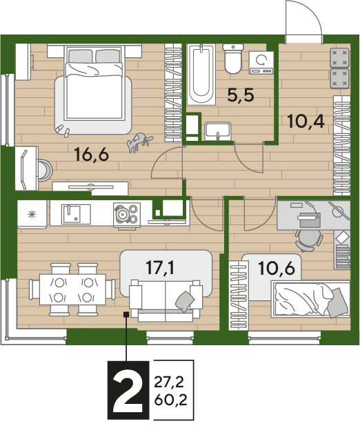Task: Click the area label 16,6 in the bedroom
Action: coord(92,155)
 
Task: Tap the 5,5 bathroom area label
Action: coord(241,95)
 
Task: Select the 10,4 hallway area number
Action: coord(306,121)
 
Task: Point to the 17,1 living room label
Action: coord(160,267)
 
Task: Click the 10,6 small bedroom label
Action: coord(277,268)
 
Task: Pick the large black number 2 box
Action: coord(128,390)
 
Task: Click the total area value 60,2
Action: coord(170,400)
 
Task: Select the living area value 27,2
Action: coord(169,382)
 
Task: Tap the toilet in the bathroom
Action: coord(233,59)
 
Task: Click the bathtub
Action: coord(201,74)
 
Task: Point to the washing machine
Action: coord(261,63)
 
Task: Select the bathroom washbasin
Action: coord(218,131)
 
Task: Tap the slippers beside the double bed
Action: coord(63,130)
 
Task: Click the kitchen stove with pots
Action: coord(127,215)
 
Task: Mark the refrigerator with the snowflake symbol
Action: coord(32,214)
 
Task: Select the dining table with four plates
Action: coord(72,289)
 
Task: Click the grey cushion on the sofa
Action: coord(185,301)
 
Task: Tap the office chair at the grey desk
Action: coord(308,240)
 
